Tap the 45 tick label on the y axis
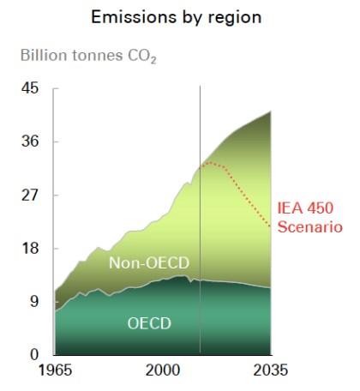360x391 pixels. pos(30,88)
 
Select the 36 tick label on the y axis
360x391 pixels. pos(30,141)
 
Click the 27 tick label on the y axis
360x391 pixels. pos(30,195)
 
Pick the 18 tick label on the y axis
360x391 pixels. pos(30,248)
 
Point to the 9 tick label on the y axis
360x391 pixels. pos(34,301)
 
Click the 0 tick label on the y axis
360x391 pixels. pos(34,354)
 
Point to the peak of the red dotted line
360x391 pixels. pos(208,162)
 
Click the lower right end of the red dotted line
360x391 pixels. pos(271,227)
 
